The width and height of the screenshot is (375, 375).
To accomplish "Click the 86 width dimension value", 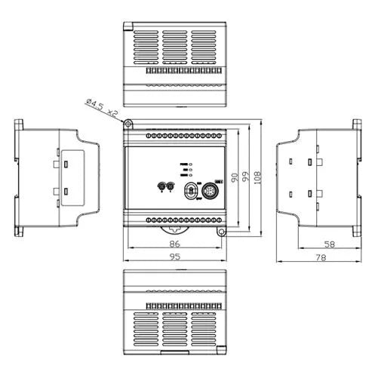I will [x=175, y=244].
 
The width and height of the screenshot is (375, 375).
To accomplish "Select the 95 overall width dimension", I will [x=175, y=257].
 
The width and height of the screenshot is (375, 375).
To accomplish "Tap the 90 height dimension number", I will [x=235, y=178].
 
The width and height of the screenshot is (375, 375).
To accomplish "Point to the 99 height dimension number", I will [x=246, y=178].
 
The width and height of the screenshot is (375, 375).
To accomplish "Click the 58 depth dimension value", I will [x=329, y=244].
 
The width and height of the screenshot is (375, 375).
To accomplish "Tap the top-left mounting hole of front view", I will [x=129, y=123].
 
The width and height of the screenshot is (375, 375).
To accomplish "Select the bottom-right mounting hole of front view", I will [x=221, y=231].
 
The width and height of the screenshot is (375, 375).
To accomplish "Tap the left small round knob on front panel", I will [x=160, y=186].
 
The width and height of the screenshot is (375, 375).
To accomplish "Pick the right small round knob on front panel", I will [x=171, y=186].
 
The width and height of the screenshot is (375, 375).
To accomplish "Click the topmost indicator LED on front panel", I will [x=190, y=164].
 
